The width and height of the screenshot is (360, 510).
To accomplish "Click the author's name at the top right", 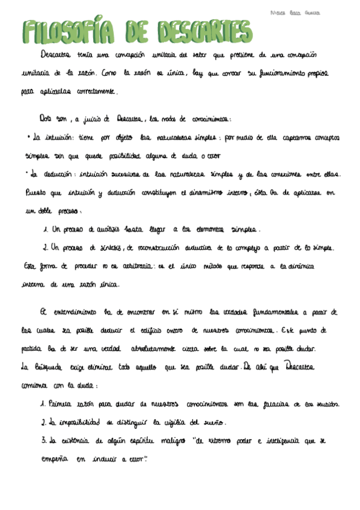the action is (295, 12).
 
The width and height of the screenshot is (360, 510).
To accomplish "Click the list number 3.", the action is (44, 440).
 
